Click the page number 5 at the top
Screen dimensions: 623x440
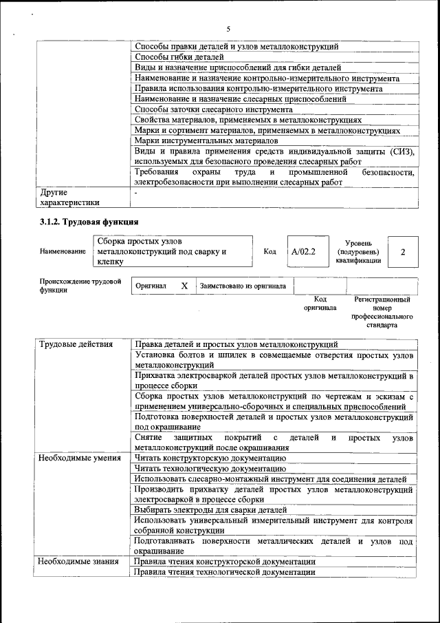click(x=228, y=28)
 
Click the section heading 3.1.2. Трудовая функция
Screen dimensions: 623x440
click(x=89, y=222)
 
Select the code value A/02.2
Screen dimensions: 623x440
click(x=303, y=252)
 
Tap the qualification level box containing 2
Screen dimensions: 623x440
click(x=403, y=252)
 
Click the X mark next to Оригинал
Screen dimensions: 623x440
click(x=184, y=286)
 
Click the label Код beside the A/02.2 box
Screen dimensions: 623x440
click(x=270, y=252)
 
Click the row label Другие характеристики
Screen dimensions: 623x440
click(x=69, y=198)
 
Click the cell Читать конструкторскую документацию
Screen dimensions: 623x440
click(x=210, y=458)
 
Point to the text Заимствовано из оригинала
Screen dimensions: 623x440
click(x=243, y=286)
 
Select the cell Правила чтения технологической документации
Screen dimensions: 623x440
click(x=225, y=572)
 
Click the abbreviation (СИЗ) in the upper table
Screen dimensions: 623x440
click(x=399, y=151)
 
